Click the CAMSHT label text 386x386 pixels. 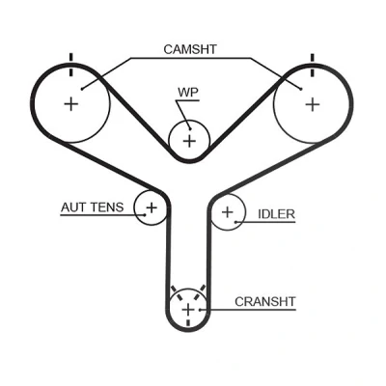(190, 49)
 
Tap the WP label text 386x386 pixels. (188, 93)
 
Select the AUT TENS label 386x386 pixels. (93, 207)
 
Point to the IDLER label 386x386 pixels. (277, 214)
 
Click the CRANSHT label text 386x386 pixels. (265, 302)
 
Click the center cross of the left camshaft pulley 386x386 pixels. (71, 104)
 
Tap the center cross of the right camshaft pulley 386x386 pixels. (313, 104)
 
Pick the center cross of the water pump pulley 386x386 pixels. (190, 141)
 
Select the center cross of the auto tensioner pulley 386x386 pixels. (152, 207)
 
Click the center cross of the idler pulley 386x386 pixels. (228, 212)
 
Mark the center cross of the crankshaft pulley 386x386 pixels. (188, 310)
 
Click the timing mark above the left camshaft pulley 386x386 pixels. (71, 66)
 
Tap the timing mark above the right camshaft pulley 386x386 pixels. (312, 66)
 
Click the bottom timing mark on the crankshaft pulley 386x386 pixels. (188, 322)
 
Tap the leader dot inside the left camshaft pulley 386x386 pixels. (82, 89)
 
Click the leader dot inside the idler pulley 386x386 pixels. (235, 222)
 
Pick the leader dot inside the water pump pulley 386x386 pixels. (190, 129)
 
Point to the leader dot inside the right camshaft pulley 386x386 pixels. (301, 89)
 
